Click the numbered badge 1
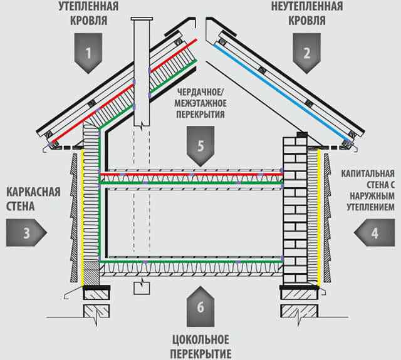(88, 54)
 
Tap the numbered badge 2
(306, 54)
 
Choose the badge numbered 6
(200, 307)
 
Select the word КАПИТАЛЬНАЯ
(368, 172)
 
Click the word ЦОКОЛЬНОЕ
(200, 341)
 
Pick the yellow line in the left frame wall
(83, 219)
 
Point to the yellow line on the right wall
(320, 219)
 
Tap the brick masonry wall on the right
(295, 207)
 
